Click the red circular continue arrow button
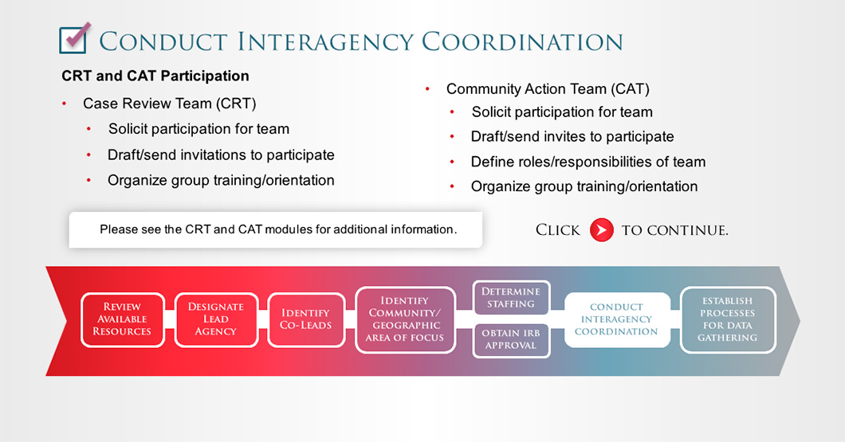[x=601, y=230]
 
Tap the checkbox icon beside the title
[x=74, y=38]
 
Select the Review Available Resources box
[x=122, y=319]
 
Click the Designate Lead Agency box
[x=216, y=319]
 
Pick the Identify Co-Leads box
[x=305, y=319]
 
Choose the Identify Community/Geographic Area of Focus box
[x=405, y=319]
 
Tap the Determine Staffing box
[x=511, y=298]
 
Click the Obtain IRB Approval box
[x=511, y=340]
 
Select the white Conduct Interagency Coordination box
[x=617, y=319]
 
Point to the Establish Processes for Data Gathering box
[x=728, y=319]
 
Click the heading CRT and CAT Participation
[x=155, y=76]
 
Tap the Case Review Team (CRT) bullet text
[x=169, y=104]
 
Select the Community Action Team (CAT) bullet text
[x=548, y=89]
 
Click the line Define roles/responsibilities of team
[x=588, y=162]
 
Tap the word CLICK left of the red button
[x=558, y=230]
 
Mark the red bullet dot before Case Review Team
[x=64, y=104]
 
